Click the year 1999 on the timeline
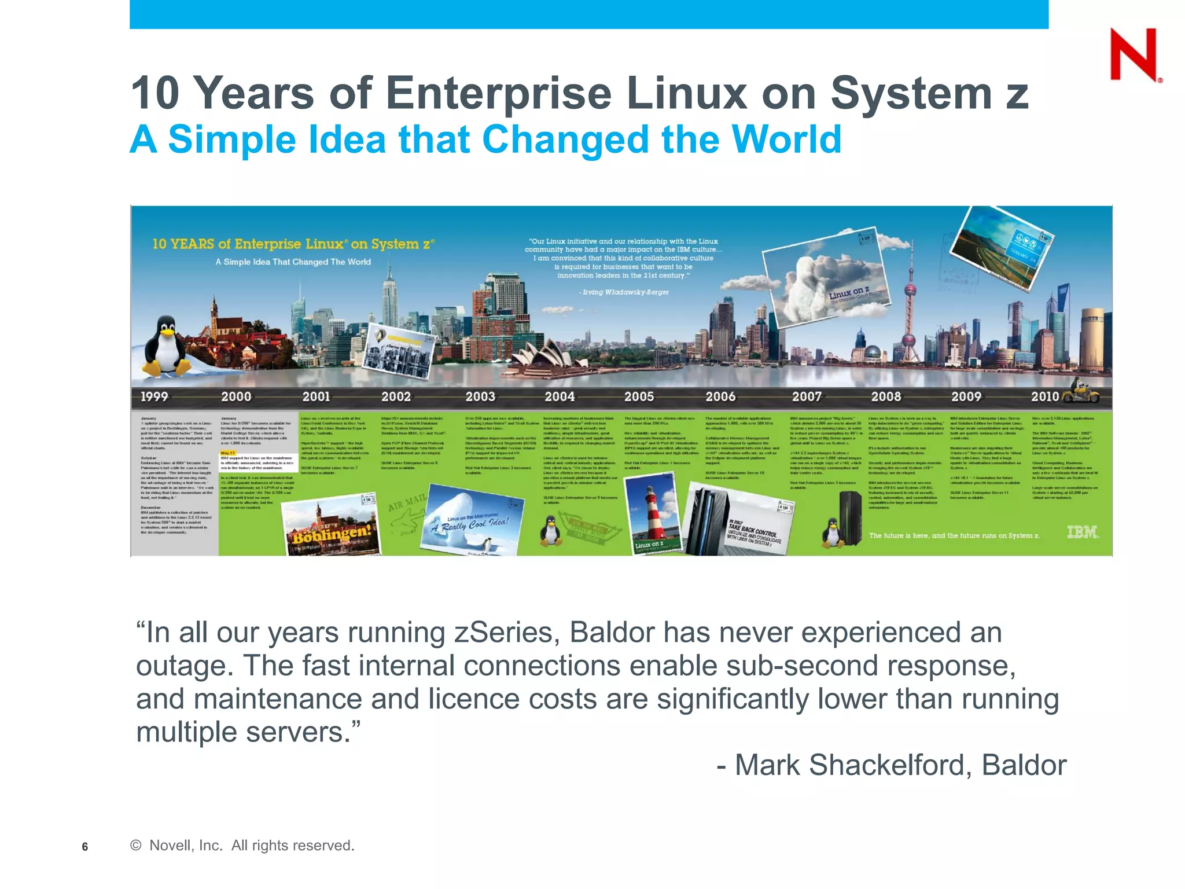[154, 396]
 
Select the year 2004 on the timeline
[560, 396]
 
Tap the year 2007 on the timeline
[807, 396]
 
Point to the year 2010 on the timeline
[1044, 396]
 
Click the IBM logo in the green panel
[1082, 532]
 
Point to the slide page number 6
[85, 847]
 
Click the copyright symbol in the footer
[136, 846]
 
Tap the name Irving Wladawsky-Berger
[625, 292]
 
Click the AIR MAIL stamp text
[407, 502]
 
